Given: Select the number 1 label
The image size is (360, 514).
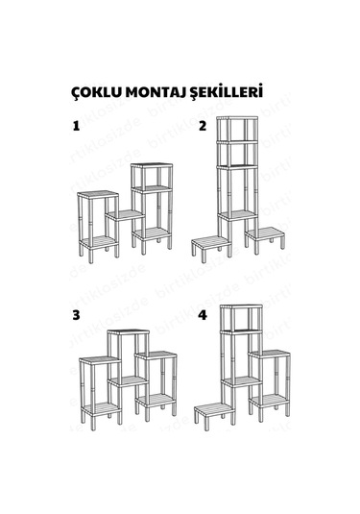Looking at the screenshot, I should pyautogui.click(x=75, y=126).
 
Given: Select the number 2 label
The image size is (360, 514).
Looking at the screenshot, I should pyautogui.click(x=203, y=126).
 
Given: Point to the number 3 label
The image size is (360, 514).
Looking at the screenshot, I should pyautogui.click(x=75, y=315).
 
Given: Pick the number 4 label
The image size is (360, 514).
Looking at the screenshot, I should pyautogui.click(x=203, y=315).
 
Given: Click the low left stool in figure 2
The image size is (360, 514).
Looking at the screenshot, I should pyautogui.click(x=208, y=241).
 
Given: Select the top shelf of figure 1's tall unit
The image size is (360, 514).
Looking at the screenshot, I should pyautogui.click(x=150, y=165).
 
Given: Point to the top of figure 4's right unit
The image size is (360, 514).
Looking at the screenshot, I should pyautogui.click(x=272, y=353).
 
